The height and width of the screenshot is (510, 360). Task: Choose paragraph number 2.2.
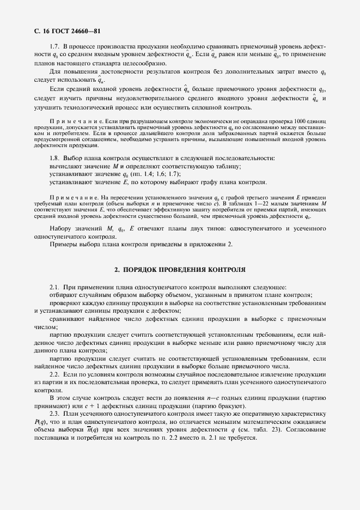point(54,376)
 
